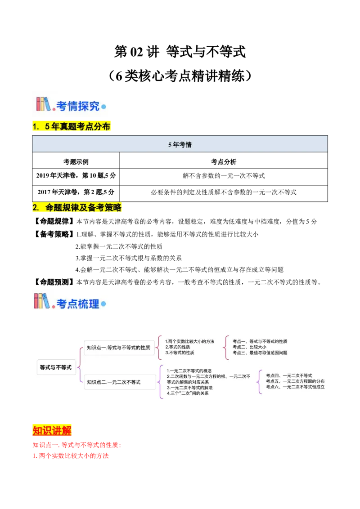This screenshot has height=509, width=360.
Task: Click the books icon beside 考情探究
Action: (x=44, y=104)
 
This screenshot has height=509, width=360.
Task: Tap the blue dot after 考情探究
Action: (x=103, y=107)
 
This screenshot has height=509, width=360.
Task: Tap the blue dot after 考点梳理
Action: (x=103, y=304)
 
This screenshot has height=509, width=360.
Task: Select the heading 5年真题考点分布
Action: (x=72, y=127)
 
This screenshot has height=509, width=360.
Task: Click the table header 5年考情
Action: (x=180, y=145)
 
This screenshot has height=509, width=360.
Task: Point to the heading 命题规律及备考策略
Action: (x=77, y=207)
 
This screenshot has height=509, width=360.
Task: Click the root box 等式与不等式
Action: (x=56, y=367)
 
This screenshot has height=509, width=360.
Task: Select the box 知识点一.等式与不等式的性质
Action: (x=119, y=347)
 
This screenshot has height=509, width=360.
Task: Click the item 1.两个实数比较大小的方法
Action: (x=189, y=341)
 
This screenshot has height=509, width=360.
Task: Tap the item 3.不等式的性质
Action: (x=180, y=353)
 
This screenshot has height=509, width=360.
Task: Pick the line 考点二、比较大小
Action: (x=249, y=347)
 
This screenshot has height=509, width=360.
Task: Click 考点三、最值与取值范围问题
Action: (x=260, y=353)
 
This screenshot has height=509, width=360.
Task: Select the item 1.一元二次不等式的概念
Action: (x=189, y=371)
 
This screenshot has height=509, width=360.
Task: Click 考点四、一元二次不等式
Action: (x=289, y=375)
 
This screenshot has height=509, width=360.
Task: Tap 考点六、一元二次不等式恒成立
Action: (x=295, y=387)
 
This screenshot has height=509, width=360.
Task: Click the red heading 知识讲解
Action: (x=52, y=430)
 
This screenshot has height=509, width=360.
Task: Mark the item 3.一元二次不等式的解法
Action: (x=189, y=388)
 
